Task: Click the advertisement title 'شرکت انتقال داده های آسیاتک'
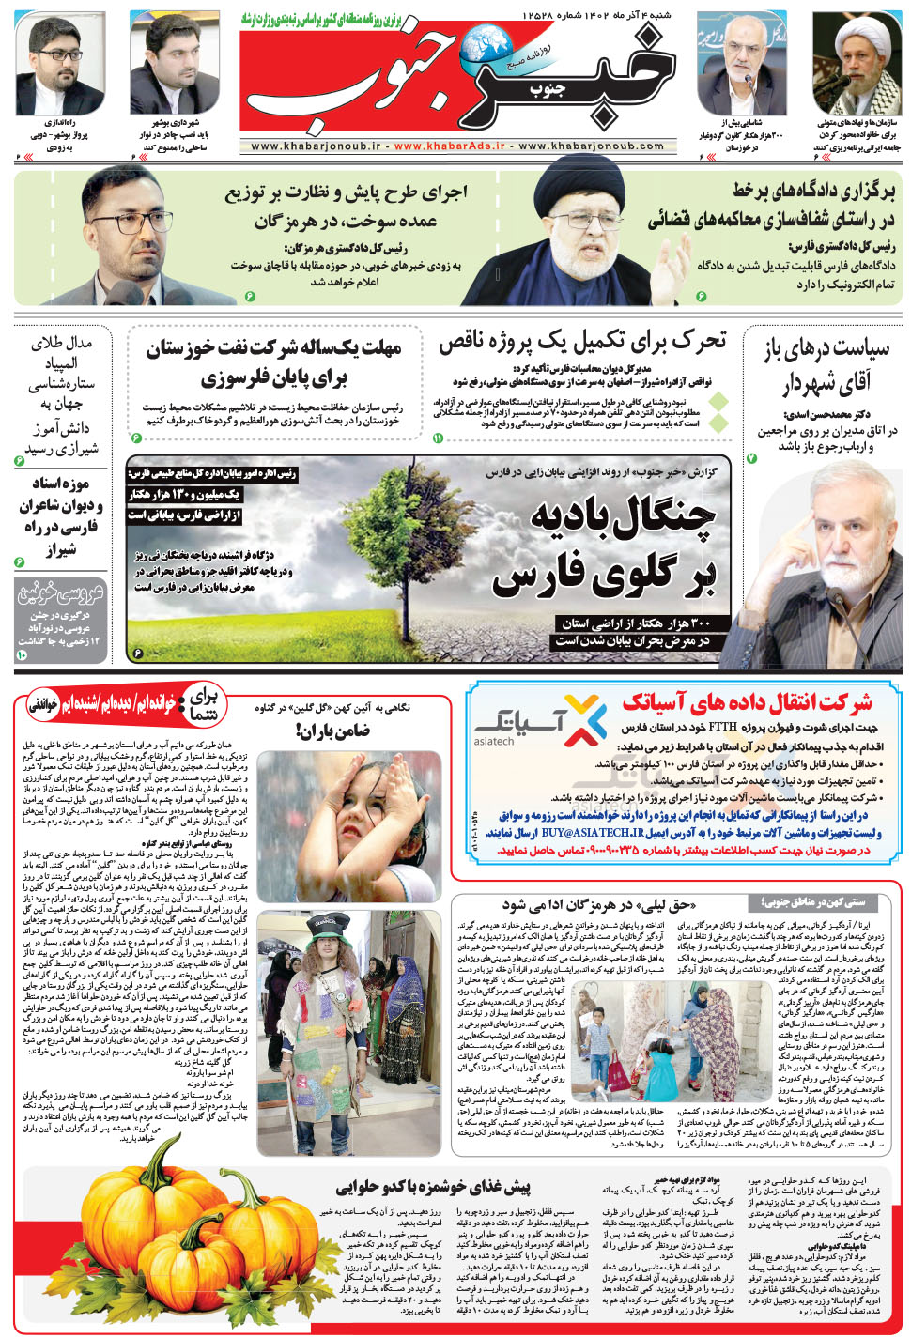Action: click(748, 701)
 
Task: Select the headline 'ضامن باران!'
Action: click(334, 730)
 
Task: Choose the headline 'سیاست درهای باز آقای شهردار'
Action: click(826, 365)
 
